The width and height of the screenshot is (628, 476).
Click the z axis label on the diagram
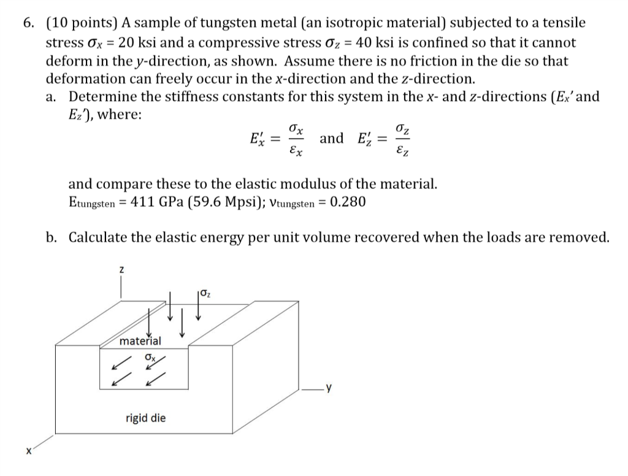(121, 269)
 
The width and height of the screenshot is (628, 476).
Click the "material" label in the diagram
(140, 341)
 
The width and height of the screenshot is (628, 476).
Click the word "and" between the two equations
(332, 138)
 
